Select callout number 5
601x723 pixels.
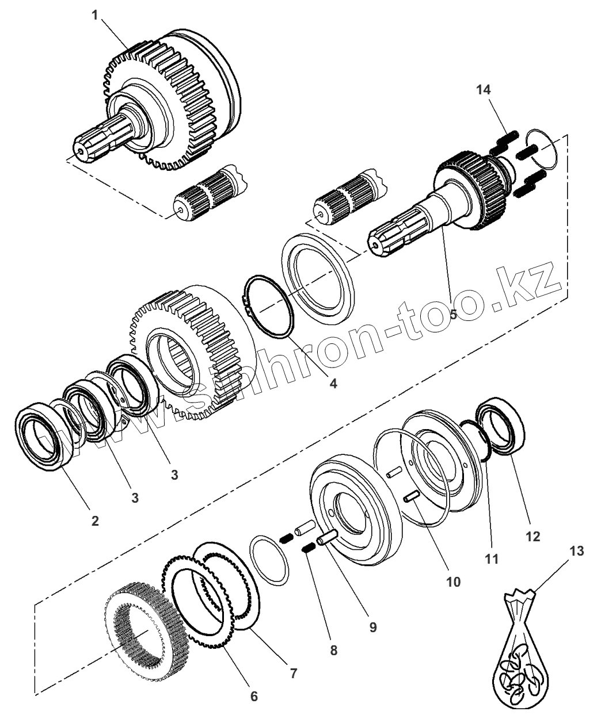click(454, 315)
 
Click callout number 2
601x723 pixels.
click(96, 521)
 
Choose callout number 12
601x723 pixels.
click(533, 536)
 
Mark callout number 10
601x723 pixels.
click(453, 582)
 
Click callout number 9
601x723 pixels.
click(373, 627)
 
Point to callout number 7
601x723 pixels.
click(294, 674)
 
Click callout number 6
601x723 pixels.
click(254, 696)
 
